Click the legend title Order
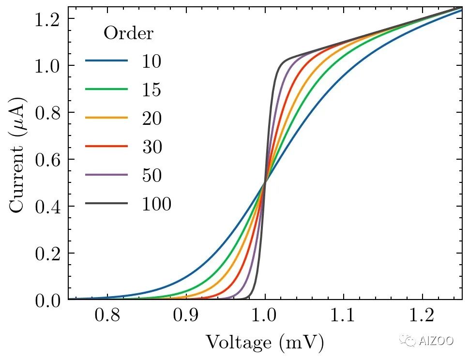129,33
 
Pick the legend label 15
151,90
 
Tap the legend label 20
152,118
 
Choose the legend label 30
152,147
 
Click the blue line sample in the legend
107,61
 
